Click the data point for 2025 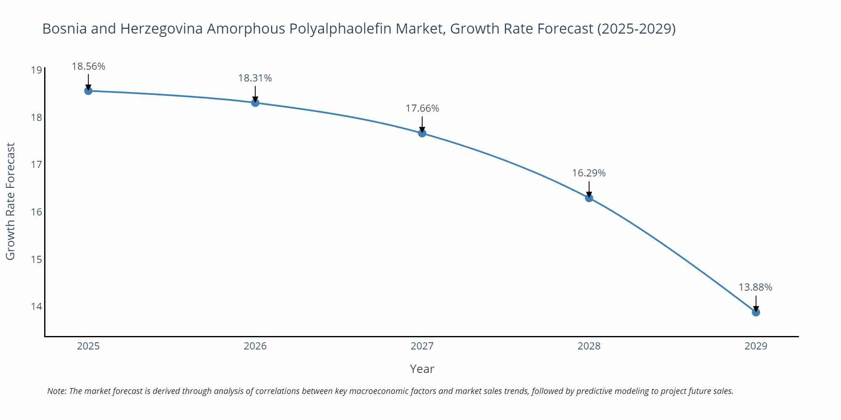88,91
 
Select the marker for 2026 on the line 255,102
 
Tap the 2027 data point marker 422,133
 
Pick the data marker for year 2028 589,198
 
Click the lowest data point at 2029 756,312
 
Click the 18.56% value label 88,66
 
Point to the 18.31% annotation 255,78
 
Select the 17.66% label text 422,108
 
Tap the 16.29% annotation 589,173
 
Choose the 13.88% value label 755,287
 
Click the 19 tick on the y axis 37,70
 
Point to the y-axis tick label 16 37,212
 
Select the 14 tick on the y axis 37,307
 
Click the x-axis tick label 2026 255,346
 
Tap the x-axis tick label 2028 589,346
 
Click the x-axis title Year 422,369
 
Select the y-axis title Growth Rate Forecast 10,201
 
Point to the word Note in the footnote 56,391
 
